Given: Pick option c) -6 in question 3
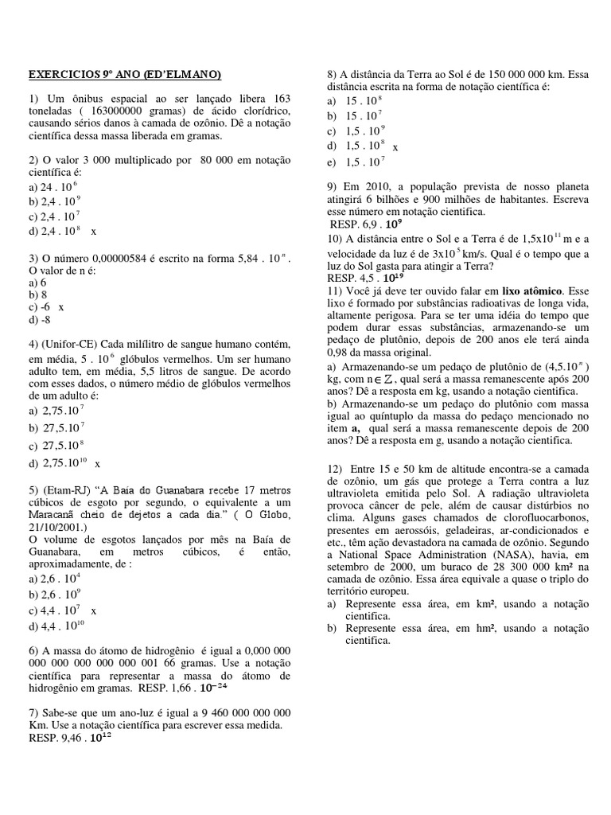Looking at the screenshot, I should pyautogui.click(x=41, y=306).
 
